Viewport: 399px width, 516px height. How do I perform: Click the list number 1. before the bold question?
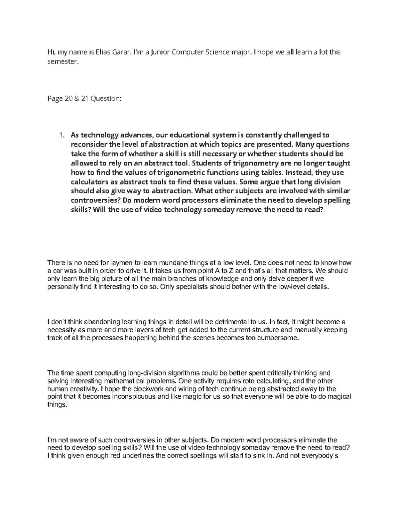point(61,135)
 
